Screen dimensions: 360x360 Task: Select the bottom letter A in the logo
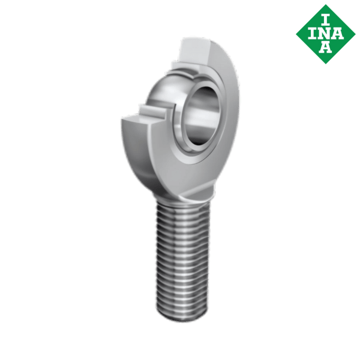pos(325,47)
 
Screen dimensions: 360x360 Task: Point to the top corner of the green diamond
pos(325,3)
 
